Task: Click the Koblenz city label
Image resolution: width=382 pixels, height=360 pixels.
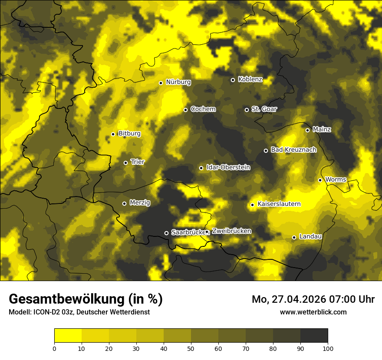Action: tap(250, 79)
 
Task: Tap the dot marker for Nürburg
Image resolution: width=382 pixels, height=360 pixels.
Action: tap(161, 83)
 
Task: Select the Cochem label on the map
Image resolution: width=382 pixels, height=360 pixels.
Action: tap(203, 109)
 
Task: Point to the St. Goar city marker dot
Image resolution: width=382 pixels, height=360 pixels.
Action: tap(247, 110)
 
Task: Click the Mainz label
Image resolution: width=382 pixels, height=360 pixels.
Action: tap(322, 130)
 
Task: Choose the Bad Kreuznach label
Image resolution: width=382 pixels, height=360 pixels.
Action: tap(293, 150)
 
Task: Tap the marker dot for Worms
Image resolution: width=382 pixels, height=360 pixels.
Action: tap(320, 180)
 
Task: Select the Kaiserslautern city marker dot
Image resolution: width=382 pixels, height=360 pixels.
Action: tap(252, 205)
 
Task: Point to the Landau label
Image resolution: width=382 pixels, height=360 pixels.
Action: tap(310, 237)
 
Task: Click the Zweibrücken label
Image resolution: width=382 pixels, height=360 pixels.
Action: tap(231, 231)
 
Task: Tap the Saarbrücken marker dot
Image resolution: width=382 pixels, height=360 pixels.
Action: tap(166, 233)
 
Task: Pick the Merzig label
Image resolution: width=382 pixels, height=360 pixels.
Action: tap(140, 203)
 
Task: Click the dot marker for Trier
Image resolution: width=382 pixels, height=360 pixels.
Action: tap(126, 163)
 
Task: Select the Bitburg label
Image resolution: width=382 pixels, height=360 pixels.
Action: tap(129, 134)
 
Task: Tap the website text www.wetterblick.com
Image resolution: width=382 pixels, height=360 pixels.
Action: tap(313, 312)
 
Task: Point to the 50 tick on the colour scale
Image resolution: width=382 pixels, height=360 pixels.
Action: tap(191, 348)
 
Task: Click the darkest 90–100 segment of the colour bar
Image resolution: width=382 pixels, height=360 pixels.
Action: tap(314, 335)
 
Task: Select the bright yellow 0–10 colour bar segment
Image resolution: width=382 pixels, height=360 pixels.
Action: tap(68, 335)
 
